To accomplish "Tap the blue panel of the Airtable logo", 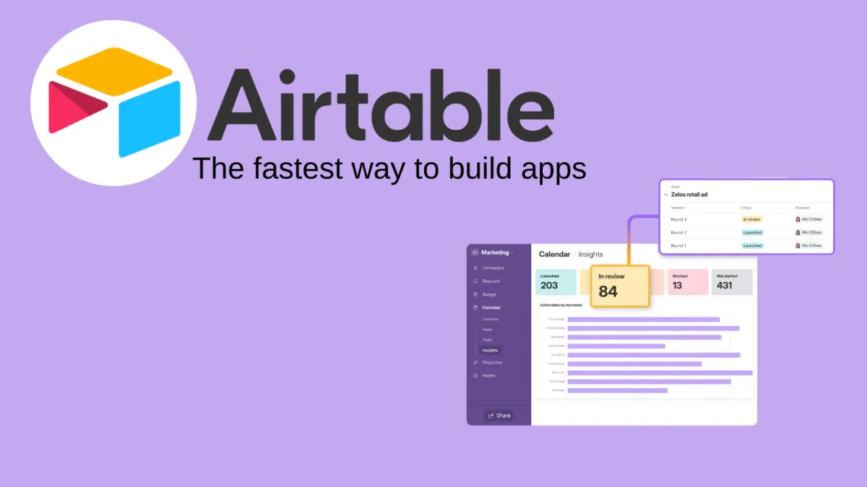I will (150, 118).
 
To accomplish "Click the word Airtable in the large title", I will (380, 105).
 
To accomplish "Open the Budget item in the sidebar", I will (489, 294).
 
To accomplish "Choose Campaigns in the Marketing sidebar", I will (493, 268).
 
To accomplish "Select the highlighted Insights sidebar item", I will (490, 350).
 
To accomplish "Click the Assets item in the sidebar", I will (489, 375).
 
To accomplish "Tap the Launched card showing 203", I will (556, 282).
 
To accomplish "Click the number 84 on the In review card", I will (608, 292).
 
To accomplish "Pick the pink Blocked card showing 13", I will (687, 282).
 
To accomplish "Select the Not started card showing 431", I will (731, 282).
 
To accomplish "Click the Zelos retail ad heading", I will (689, 194).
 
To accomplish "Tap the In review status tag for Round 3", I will (752, 219).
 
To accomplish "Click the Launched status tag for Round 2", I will (752, 232).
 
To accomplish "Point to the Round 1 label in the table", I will (678, 245).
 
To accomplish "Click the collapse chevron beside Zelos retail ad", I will (665, 194).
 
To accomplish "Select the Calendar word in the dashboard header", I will (554, 254).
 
